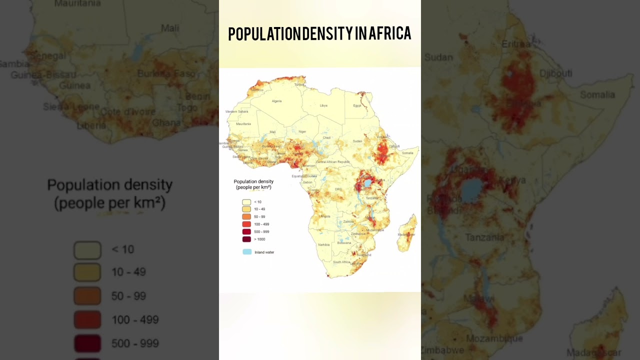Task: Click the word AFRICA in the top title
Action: click(390, 33)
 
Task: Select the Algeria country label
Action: click(276, 101)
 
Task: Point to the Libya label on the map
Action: click(323, 105)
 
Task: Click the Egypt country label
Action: click(357, 105)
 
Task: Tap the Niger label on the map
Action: click(302, 131)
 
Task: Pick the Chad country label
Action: click(326, 137)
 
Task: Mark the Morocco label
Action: click(258, 90)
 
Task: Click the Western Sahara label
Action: click(236, 111)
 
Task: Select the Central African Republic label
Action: click(332, 162)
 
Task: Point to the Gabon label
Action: click(307, 182)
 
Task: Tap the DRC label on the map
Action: click(338, 189)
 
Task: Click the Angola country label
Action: click(325, 216)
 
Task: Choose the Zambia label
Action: click(349, 221)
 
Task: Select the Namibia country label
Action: click(324, 244)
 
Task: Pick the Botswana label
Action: click(344, 242)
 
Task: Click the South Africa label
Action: click(341, 262)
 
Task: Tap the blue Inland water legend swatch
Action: click(247, 252)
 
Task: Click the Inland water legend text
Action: click(264, 252)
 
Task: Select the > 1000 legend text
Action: click(259, 239)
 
